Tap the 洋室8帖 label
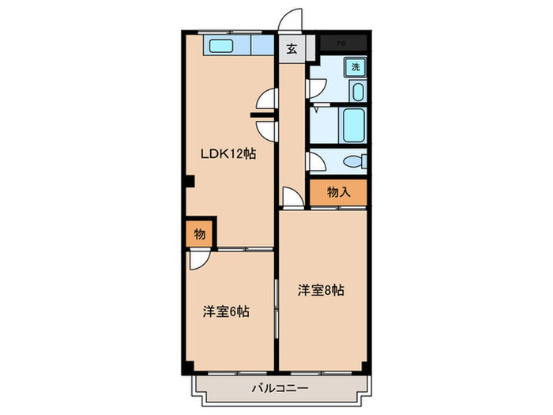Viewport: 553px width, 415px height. pos(321,290)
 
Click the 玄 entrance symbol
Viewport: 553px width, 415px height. pos(292,49)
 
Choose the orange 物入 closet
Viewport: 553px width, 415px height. pos(337,191)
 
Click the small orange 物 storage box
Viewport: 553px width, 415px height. pos(199,234)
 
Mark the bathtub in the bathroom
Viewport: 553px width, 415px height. pos(353,125)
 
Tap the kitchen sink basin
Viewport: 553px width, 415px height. pos(220,46)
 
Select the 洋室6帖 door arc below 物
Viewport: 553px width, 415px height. pos(198,260)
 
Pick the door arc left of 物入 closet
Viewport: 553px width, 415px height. pos(292,198)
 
